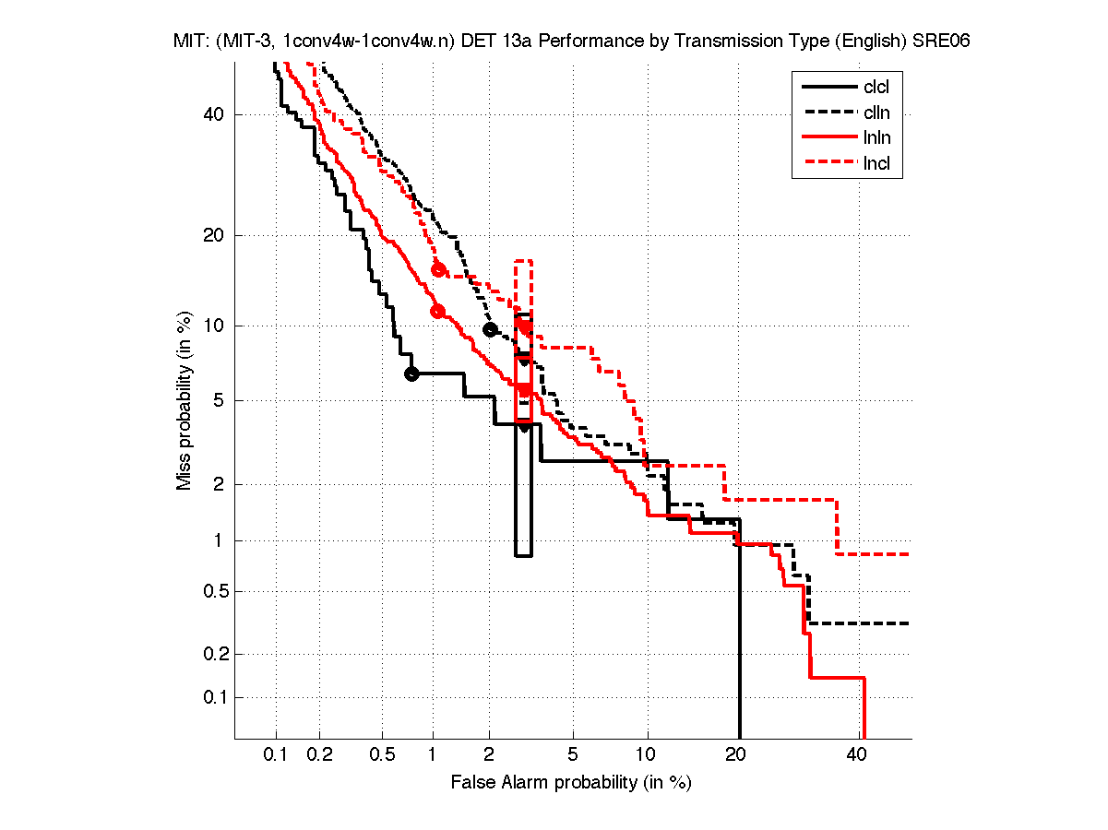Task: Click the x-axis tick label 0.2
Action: [x=320, y=755]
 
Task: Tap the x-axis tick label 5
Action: [x=573, y=755]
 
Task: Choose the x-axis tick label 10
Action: [x=647, y=755]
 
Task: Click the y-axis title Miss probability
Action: [x=185, y=400]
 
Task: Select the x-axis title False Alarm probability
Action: [x=571, y=783]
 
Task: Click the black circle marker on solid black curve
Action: [x=411, y=373]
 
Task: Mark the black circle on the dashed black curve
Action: [x=490, y=329]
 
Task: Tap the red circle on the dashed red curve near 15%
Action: [x=438, y=269]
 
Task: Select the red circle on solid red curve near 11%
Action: [x=437, y=312]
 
